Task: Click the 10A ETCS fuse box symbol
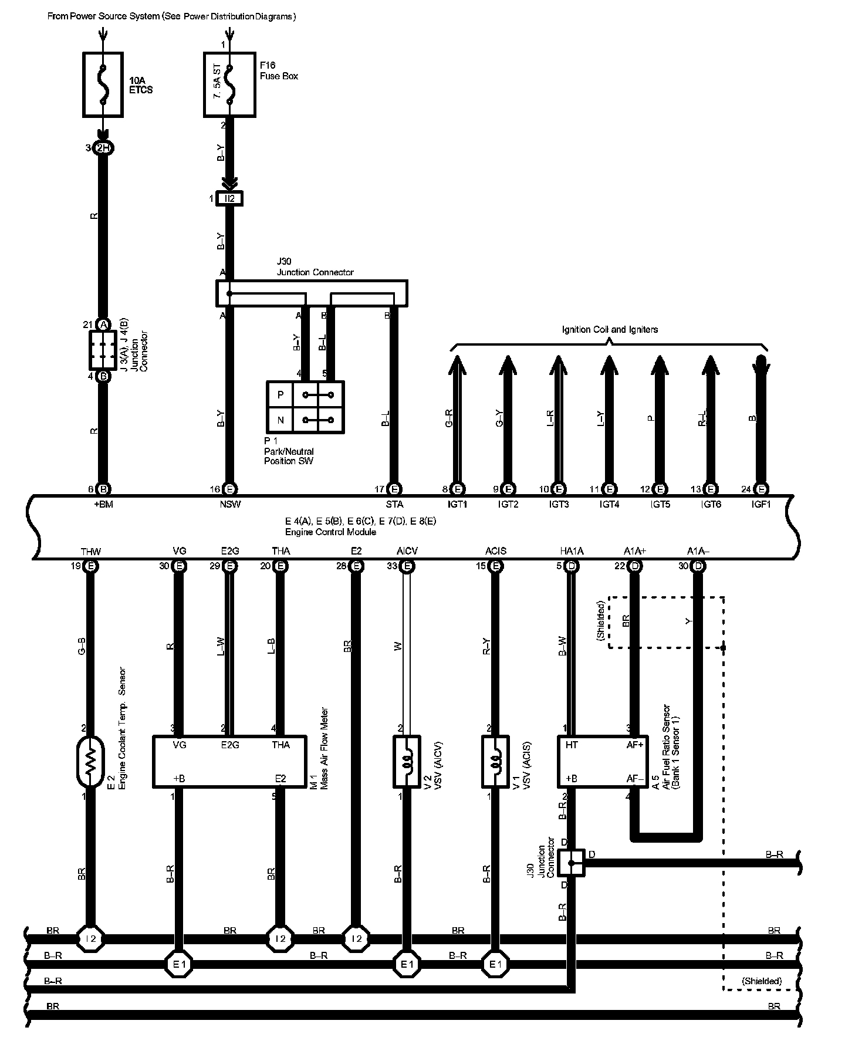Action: (x=103, y=85)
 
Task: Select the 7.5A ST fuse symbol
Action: (x=229, y=85)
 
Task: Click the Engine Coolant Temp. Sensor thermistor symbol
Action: (x=90, y=762)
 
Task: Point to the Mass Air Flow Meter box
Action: (x=229, y=761)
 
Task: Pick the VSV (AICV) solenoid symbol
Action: (x=406, y=761)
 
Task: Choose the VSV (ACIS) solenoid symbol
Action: (x=495, y=761)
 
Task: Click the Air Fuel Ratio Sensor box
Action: (x=602, y=761)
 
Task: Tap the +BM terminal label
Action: (x=103, y=504)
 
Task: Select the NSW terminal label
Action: (x=230, y=504)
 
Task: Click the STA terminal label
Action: (x=394, y=504)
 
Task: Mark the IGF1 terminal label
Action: (x=761, y=504)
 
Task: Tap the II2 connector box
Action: (x=229, y=199)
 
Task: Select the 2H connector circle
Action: (x=103, y=148)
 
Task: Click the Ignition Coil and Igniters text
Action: (x=610, y=330)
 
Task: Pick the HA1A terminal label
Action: (x=572, y=551)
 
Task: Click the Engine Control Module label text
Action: (x=330, y=532)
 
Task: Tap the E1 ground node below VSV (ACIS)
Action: (x=496, y=964)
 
